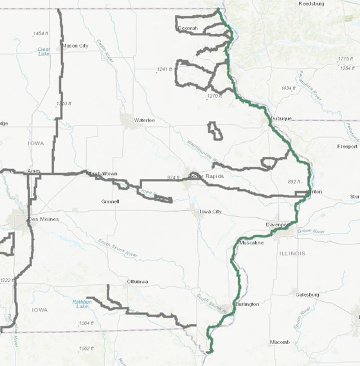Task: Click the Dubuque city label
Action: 282,118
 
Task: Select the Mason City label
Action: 75,46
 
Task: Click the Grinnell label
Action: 111,201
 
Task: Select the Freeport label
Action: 347,147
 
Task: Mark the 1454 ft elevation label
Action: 41,33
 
